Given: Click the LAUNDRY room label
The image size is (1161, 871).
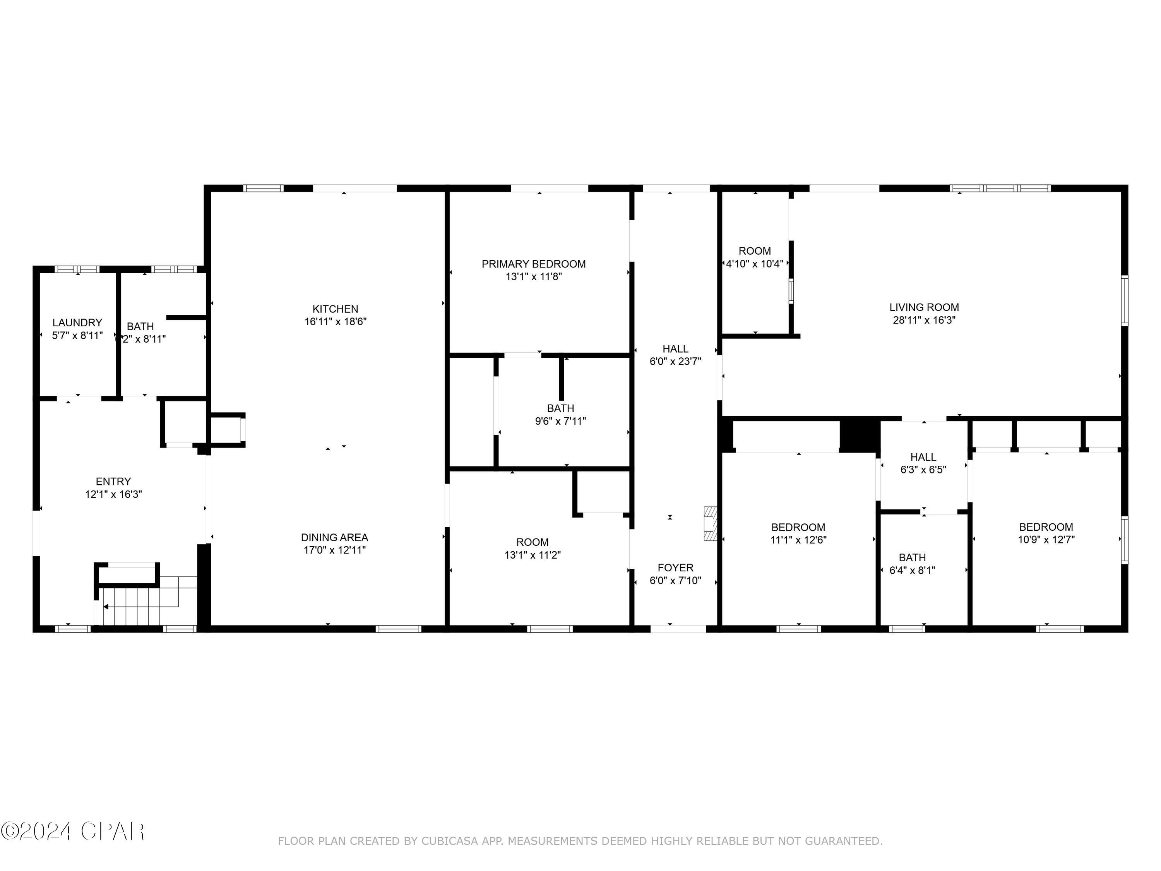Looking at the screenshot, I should [77, 322].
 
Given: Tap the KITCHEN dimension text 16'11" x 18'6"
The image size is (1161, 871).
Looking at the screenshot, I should [336, 321].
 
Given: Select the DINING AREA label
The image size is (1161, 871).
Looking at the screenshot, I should [334, 537].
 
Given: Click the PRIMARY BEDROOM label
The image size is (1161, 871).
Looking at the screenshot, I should [533, 264].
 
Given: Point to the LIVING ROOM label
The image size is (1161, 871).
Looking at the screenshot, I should [924, 307].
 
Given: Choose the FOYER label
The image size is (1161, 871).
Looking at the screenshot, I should [675, 568].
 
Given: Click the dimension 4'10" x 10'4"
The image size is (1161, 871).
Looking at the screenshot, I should [754, 264].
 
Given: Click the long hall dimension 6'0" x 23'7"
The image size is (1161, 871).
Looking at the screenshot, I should [675, 361].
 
